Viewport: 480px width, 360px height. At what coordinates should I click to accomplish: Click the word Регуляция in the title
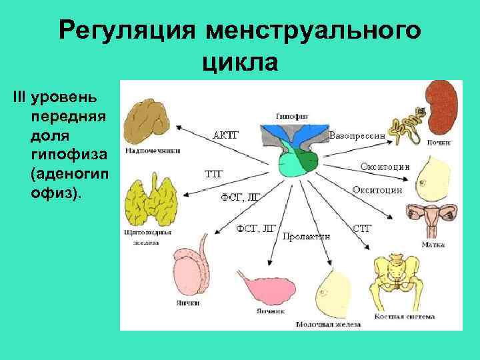[127, 31]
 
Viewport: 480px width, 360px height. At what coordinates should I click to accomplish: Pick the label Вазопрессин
[357, 136]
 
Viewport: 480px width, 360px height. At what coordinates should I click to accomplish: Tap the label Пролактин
[303, 236]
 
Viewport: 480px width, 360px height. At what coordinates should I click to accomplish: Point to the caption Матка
[429, 245]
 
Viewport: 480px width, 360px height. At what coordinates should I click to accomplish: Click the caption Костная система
[406, 315]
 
